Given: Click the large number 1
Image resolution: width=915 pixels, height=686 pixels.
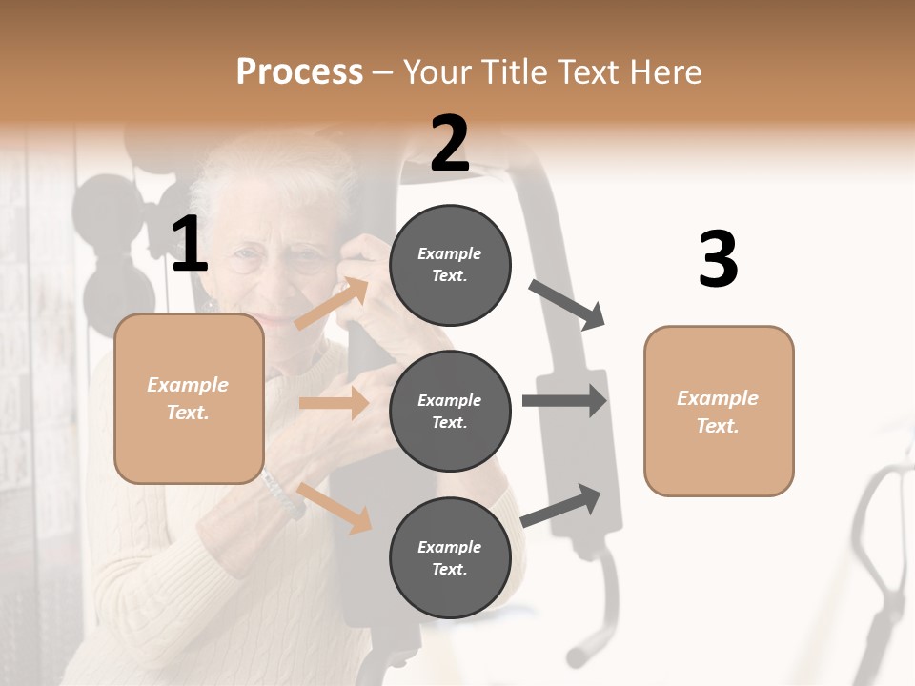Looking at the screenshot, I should pyautogui.click(x=189, y=246).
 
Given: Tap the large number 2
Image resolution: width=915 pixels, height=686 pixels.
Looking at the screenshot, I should pyautogui.click(x=449, y=144).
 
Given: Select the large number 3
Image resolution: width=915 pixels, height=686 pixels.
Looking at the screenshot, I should pyautogui.click(x=718, y=260).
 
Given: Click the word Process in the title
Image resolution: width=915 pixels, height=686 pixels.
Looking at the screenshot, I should pyautogui.click(x=299, y=71).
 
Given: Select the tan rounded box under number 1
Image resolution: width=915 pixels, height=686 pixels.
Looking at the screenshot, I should pyautogui.click(x=189, y=398).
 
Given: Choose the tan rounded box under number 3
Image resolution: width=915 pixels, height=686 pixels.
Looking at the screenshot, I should pyautogui.click(x=719, y=411).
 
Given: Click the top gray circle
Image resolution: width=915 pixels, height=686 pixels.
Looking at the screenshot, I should pyautogui.click(x=450, y=264).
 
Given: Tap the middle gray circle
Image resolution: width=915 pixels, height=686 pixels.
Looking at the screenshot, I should pyautogui.click(x=450, y=411).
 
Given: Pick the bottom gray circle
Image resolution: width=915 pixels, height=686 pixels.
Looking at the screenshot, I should pyautogui.click(x=450, y=557).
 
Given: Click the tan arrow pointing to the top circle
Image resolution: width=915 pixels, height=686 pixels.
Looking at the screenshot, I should pyautogui.click(x=333, y=304).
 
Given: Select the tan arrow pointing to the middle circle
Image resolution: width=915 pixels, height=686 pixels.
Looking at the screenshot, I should pyautogui.click(x=334, y=403).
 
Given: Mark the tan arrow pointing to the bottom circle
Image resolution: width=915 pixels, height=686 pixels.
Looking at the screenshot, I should pyautogui.click(x=335, y=508).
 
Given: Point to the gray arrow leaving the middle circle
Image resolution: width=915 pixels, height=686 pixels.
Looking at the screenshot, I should pyautogui.click(x=564, y=400).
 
